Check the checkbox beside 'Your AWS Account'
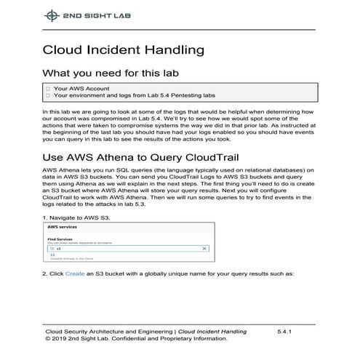tap(48, 88)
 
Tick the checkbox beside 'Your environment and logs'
tap(48, 95)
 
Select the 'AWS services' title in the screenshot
tap(63, 228)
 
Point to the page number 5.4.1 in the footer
tap(284, 331)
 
